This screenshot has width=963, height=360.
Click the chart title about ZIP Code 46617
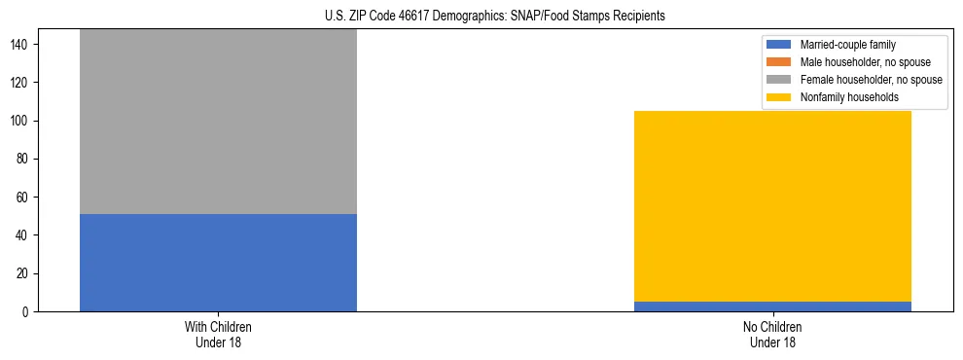coord(481,17)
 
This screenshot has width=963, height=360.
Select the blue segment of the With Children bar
coord(218,263)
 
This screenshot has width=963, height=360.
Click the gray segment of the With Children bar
coord(218,122)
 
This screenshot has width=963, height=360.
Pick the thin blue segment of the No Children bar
coord(772,306)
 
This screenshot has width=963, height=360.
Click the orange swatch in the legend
coord(780,62)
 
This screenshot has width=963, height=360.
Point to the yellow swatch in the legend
coord(780,97)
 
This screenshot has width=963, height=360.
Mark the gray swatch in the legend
coord(780,80)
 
